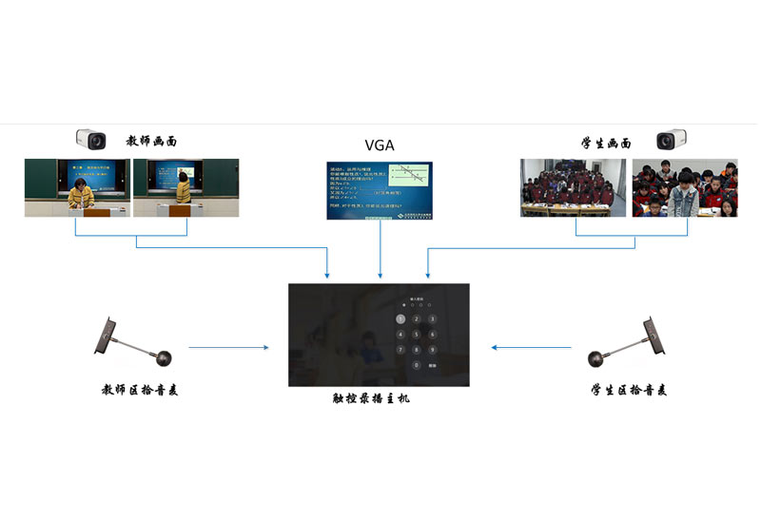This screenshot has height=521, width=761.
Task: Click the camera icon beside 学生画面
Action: pos(672,141)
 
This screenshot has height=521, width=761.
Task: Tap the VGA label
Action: pos(379,145)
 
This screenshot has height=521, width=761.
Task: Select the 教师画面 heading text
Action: pos(151,141)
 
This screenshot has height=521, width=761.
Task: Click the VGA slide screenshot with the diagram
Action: pos(379,190)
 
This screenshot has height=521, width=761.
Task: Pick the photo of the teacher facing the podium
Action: pos(77,187)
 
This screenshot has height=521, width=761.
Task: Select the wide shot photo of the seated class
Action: pos(573,187)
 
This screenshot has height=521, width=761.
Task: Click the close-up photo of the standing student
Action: pos(685,187)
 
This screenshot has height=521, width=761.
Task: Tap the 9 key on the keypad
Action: pos(431,350)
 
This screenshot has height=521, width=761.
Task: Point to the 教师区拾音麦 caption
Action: pos(140,391)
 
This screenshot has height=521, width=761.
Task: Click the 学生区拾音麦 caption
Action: pos(629,391)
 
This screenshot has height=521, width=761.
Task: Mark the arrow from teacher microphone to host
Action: pos(228,348)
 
